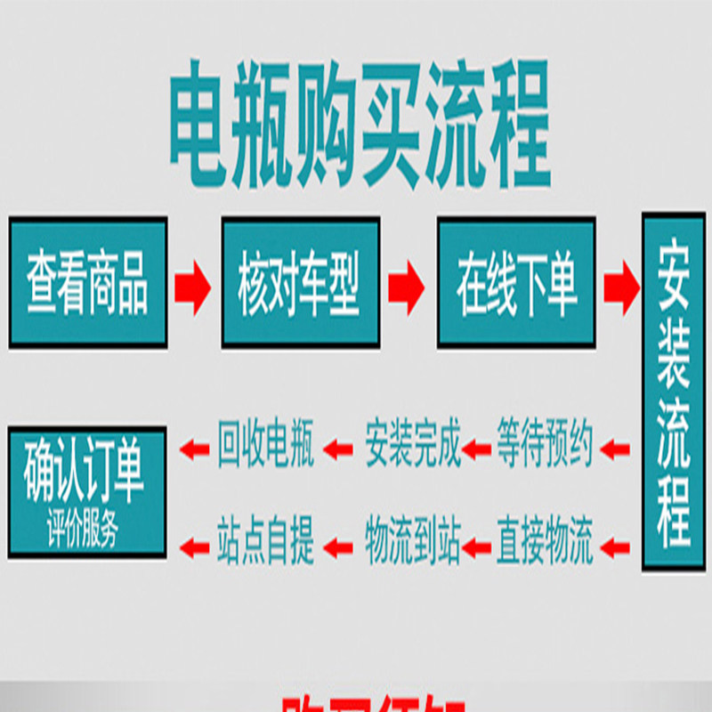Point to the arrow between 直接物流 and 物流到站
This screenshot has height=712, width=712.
pos(480,546)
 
